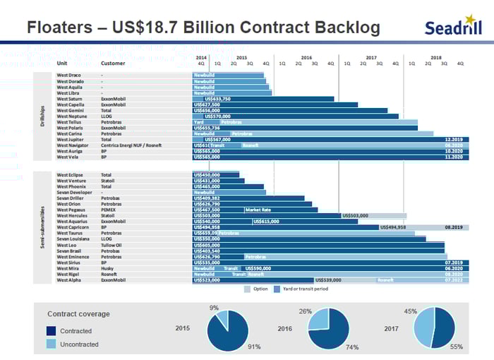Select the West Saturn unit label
coord(70,99)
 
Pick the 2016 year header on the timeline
coord(306,57)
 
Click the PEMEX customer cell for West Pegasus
coord(109,210)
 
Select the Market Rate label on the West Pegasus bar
coord(258,210)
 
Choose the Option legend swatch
coord(248,289)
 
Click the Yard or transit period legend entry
coord(303,289)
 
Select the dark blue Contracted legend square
coord(51,330)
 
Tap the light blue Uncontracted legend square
coord(51,344)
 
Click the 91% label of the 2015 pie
coord(254,347)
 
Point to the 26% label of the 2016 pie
coord(306,311)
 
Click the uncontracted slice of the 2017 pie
coord(423,329)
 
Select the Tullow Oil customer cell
coord(112,245)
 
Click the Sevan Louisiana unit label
coord(73,239)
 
